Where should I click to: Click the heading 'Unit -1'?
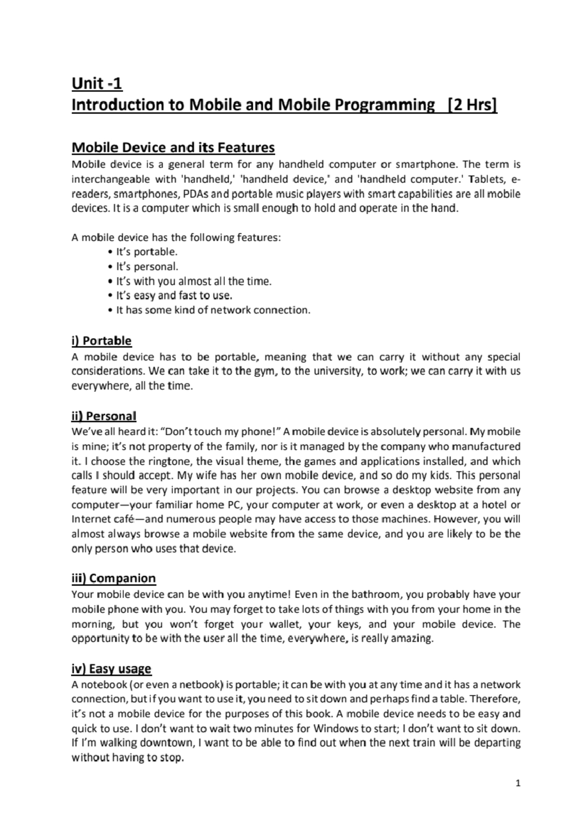97,84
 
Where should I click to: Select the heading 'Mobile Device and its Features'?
173,147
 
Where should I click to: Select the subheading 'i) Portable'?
101,341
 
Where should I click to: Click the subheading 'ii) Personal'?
103,416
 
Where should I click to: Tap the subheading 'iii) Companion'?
113,578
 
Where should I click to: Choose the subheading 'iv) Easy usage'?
111,669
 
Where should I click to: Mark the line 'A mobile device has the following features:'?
176,238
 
